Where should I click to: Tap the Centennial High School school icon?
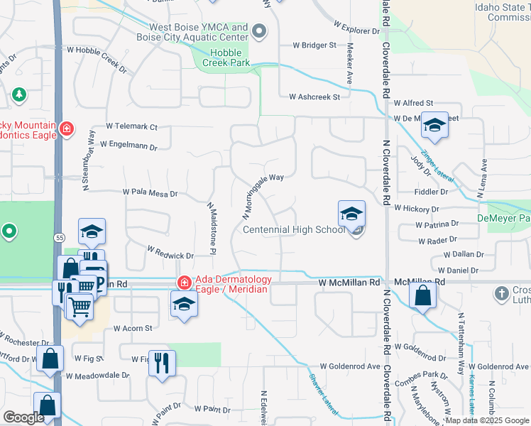click(x=351, y=214)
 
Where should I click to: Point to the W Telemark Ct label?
click(x=131, y=126)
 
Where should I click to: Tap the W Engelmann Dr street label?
click(x=128, y=144)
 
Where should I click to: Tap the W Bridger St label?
click(x=314, y=45)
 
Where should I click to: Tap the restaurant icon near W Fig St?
click(x=161, y=363)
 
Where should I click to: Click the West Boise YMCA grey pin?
click(x=259, y=31)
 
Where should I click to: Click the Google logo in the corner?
click(x=24, y=417)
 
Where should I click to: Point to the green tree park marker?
click(x=18, y=94)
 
